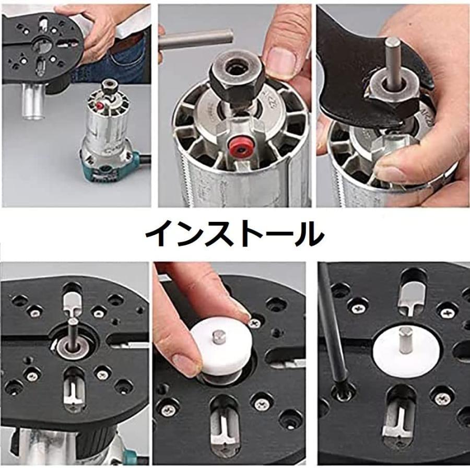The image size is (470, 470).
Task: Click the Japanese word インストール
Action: (234, 234)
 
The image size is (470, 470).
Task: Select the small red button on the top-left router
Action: (99, 105)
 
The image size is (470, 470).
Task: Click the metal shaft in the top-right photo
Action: (391, 63)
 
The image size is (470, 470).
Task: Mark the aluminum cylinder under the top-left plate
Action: (33, 102)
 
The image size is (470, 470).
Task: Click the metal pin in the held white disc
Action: (218, 338)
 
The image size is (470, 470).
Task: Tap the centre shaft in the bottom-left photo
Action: (72, 335)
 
